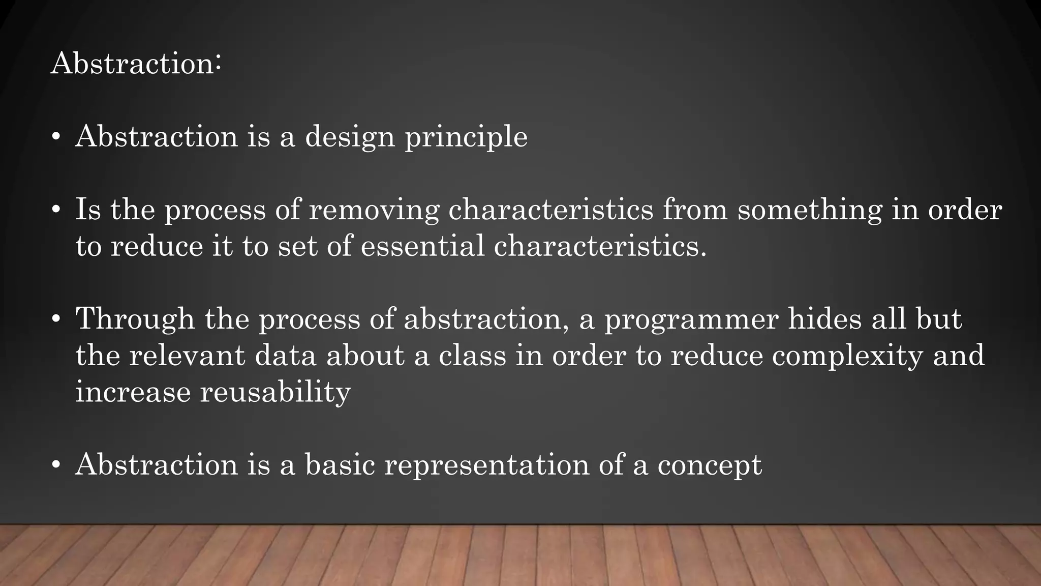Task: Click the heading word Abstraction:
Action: tap(136, 64)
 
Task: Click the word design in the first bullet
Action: tap(350, 137)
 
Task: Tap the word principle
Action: tap(466, 138)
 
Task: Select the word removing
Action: tap(374, 210)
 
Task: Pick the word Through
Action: tap(135, 319)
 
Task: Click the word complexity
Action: tap(847, 356)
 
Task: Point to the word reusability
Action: tap(275, 392)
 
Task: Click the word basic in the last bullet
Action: tap(340, 464)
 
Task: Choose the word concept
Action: tap(710, 465)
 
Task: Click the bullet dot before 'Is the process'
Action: tap(56, 210)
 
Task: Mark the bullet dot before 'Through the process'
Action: tap(56, 319)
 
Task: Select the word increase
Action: tap(133, 392)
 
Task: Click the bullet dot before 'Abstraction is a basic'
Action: tap(56, 465)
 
